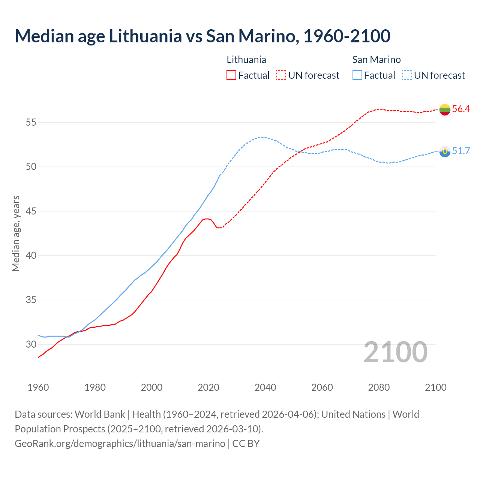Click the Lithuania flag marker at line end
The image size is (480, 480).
pos(445,109)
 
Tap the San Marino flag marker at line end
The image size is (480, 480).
pos(445,151)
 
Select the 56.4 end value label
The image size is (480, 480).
pos(461,109)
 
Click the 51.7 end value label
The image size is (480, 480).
pos(461,151)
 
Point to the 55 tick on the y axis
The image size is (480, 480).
pos(31,123)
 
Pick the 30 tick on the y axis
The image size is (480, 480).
pos(31,344)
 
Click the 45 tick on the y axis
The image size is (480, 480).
pos(31,211)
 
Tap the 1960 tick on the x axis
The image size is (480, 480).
pos(38,387)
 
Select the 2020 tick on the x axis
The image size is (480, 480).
pos(208,387)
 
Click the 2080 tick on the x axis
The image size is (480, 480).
pos(379,387)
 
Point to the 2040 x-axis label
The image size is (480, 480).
pos(265,387)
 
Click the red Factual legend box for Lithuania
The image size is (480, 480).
pos(231,75)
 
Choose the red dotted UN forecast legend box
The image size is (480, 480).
pos(281,75)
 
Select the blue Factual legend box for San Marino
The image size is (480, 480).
pos(357,75)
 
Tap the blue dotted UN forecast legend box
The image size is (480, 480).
pos(407,75)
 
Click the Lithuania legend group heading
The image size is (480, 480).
pos(246,60)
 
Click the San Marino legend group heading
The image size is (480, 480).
pos(376,60)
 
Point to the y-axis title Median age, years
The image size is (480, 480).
pos(16,233)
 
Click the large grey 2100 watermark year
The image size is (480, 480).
pos(396,352)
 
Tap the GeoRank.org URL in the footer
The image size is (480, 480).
pos(120,444)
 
